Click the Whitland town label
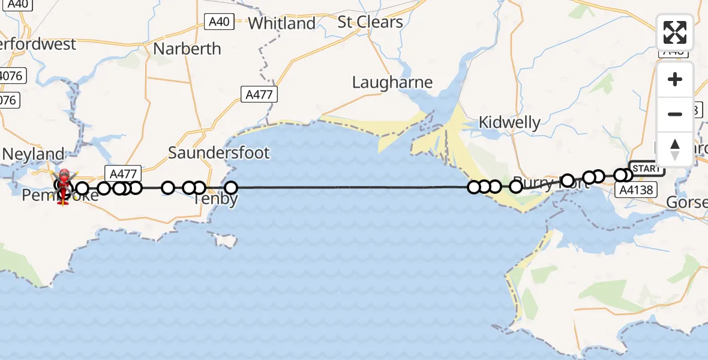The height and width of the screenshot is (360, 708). (x=281, y=23)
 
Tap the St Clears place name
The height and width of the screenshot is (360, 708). (x=370, y=22)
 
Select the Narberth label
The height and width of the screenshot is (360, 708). (x=187, y=49)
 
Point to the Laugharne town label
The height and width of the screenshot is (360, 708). (x=392, y=82)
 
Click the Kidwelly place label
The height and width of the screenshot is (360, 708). (x=509, y=123)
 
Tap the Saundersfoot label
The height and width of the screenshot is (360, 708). (x=219, y=152)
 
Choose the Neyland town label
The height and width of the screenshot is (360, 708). (x=34, y=154)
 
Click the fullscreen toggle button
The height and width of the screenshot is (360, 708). (x=675, y=32)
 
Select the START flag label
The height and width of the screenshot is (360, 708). (x=646, y=169)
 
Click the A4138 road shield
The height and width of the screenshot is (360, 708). (x=635, y=190)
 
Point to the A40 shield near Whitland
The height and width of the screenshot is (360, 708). (x=219, y=22)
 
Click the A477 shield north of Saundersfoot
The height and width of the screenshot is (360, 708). (x=260, y=94)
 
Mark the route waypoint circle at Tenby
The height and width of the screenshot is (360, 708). (x=230, y=188)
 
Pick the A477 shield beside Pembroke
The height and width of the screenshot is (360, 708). (x=120, y=173)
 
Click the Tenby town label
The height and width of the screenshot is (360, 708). (x=217, y=199)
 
